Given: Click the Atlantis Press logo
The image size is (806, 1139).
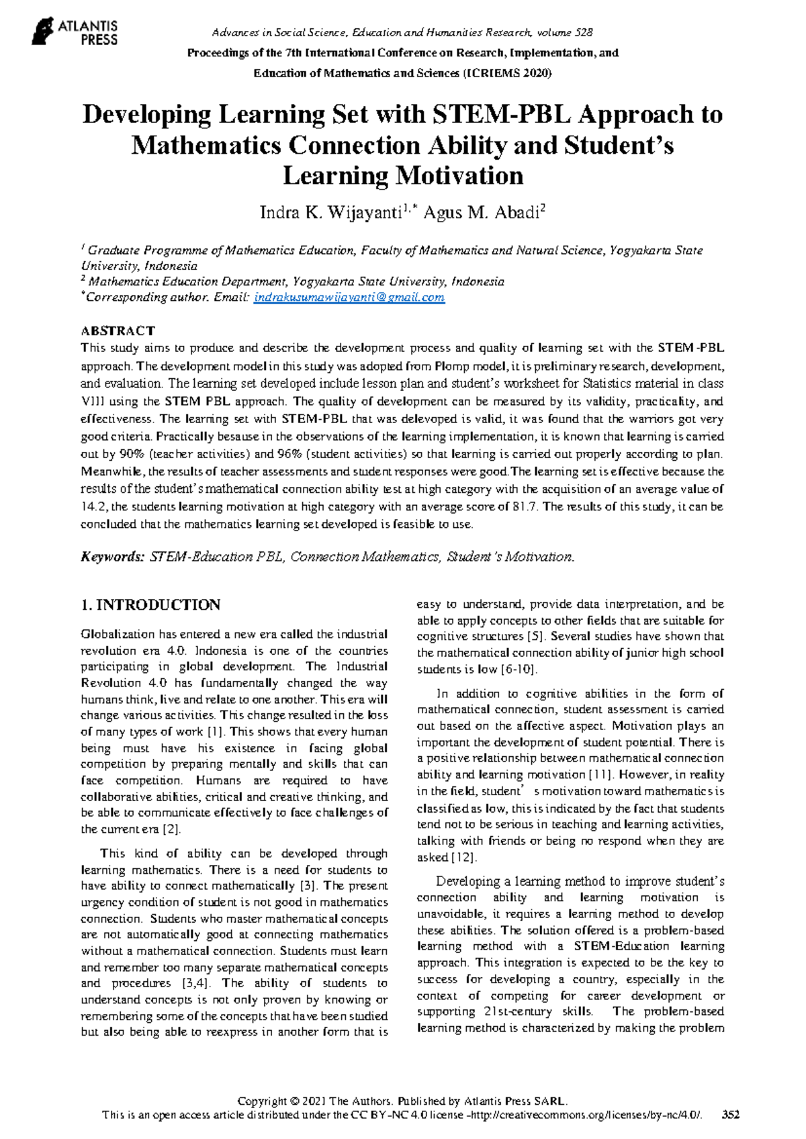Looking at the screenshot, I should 75,32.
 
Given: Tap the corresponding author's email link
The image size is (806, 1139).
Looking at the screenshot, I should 349,298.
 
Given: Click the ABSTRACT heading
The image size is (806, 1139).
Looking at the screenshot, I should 118,330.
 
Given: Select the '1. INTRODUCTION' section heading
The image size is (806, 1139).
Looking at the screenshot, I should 150,605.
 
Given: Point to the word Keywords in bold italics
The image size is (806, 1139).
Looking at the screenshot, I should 112,557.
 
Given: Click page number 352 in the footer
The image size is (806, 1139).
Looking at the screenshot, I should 730,1115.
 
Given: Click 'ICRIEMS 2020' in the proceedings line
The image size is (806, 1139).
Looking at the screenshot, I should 508,73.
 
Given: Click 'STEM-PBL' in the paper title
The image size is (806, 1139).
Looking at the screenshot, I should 501,115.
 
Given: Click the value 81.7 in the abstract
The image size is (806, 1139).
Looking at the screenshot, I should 525,507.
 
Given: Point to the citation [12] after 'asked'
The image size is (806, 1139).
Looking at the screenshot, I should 463,858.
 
